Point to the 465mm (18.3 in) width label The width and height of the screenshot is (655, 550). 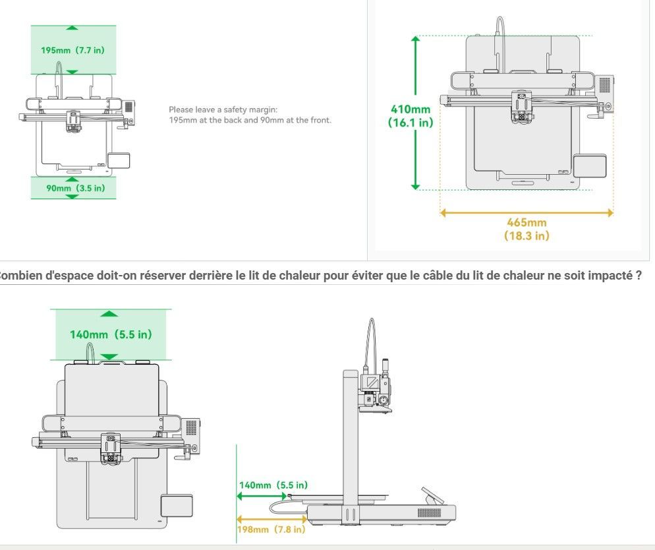click(526, 229)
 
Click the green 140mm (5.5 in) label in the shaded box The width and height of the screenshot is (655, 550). click(111, 334)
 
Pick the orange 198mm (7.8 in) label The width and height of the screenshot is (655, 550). click(271, 530)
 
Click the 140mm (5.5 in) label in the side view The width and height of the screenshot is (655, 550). click(272, 485)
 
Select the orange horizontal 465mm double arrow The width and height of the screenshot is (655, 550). click(527, 212)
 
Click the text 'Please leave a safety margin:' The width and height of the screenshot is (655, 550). click(215, 109)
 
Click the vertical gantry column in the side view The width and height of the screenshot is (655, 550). click(350, 435)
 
